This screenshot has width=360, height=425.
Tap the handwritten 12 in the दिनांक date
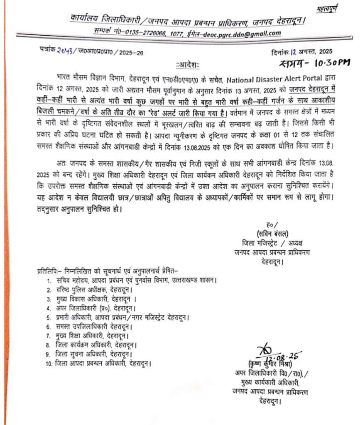(x=294, y=51)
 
